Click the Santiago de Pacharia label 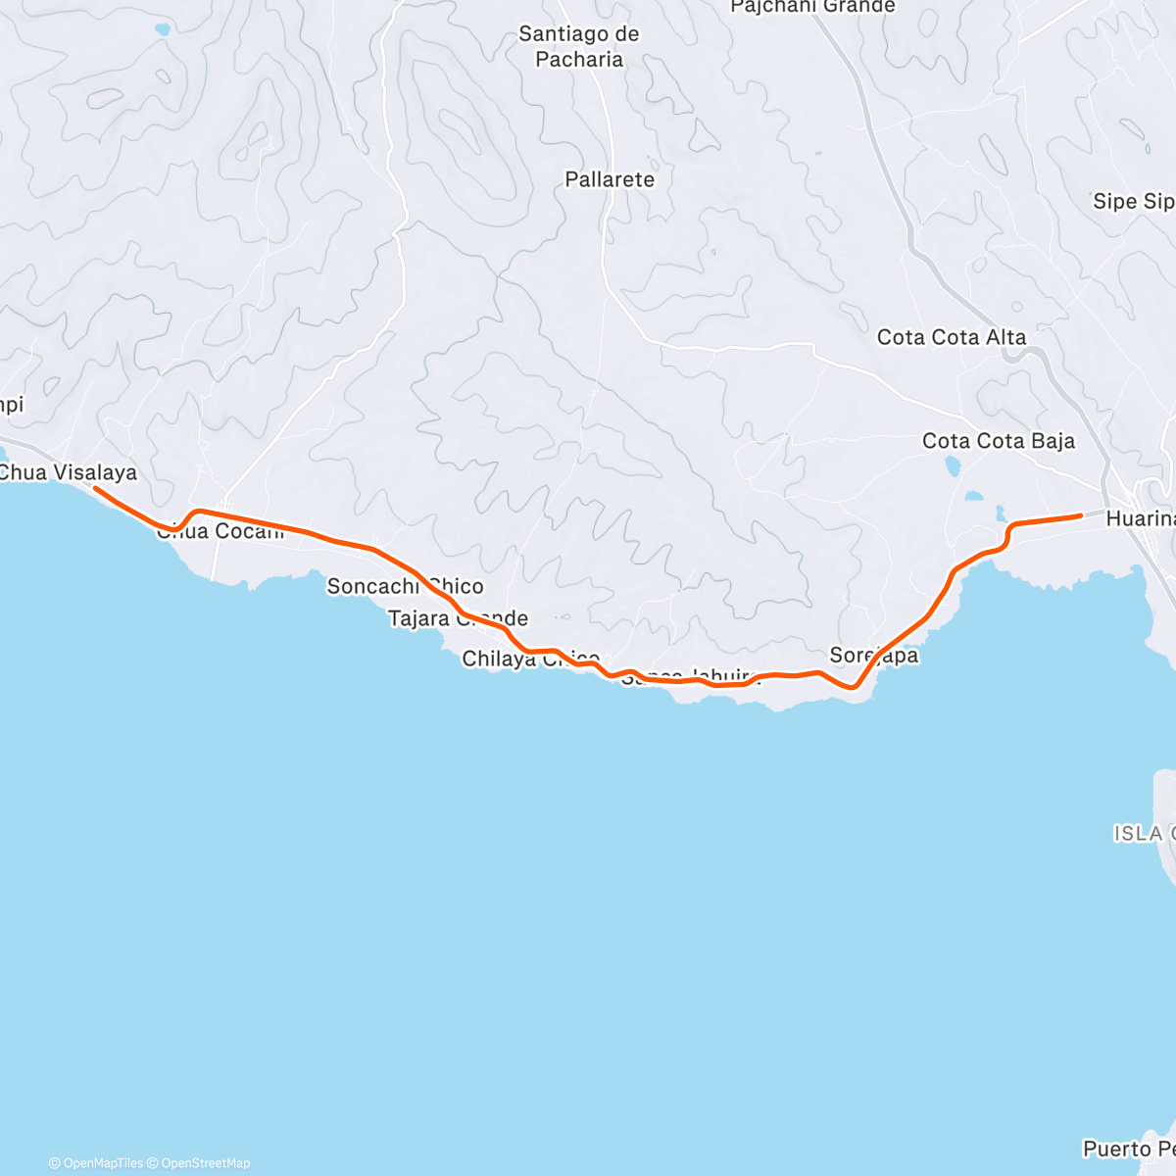(x=578, y=46)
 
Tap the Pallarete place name (x=609, y=179)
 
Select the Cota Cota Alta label (x=951, y=337)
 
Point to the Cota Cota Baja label (x=998, y=441)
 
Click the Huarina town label (x=1140, y=518)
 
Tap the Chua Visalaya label (x=68, y=472)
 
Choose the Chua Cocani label (x=220, y=531)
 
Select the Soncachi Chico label (x=405, y=586)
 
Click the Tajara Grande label (x=458, y=618)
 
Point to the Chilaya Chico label (x=530, y=659)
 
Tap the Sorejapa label (x=873, y=656)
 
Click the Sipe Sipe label (x=1133, y=201)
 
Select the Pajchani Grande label (x=812, y=7)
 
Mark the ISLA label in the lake (x=1139, y=833)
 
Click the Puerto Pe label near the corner (x=1128, y=1148)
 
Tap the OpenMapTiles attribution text (x=95, y=1163)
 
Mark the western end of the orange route (x=95, y=487)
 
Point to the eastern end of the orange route (x=1080, y=514)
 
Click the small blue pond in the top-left (x=162, y=30)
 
